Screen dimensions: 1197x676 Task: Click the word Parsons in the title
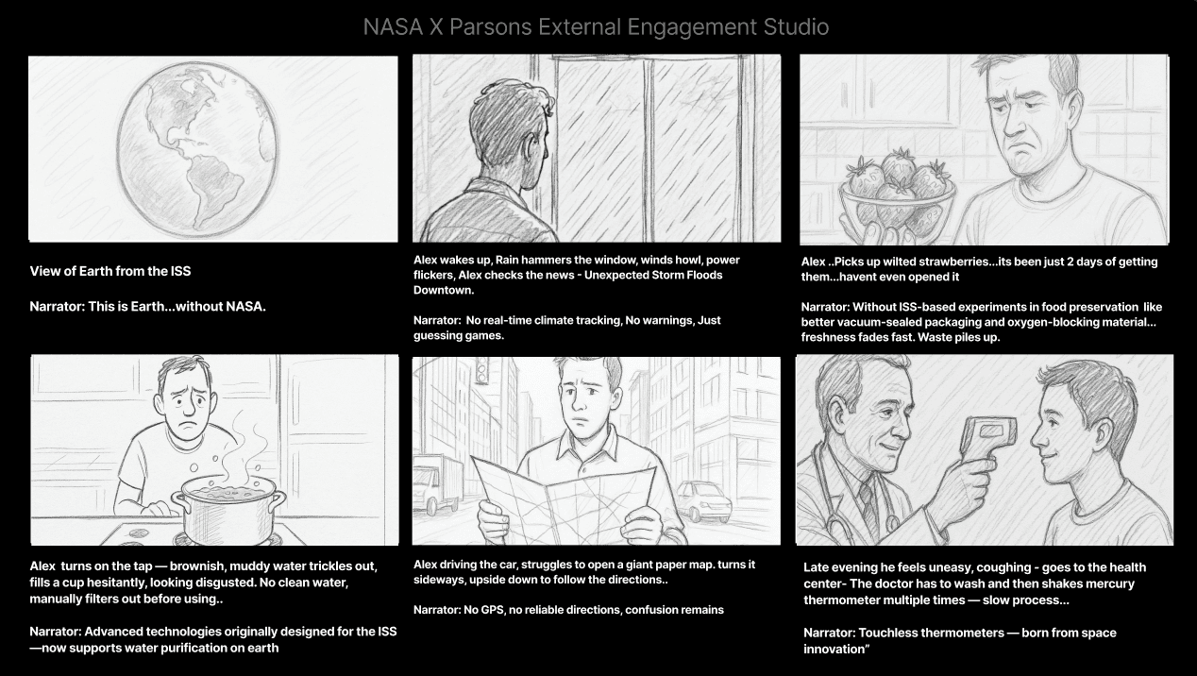tap(491, 27)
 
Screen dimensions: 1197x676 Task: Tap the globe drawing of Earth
tap(197, 150)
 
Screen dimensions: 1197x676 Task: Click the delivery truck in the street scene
tap(438, 484)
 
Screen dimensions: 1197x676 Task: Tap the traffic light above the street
tap(482, 369)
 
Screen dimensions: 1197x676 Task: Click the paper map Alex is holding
tap(564, 499)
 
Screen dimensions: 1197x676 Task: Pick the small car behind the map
tap(704, 500)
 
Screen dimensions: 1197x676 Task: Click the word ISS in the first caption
tap(180, 272)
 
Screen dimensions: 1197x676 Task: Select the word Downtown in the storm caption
tap(443, 290)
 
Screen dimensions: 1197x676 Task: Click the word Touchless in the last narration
tap(887, 633)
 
